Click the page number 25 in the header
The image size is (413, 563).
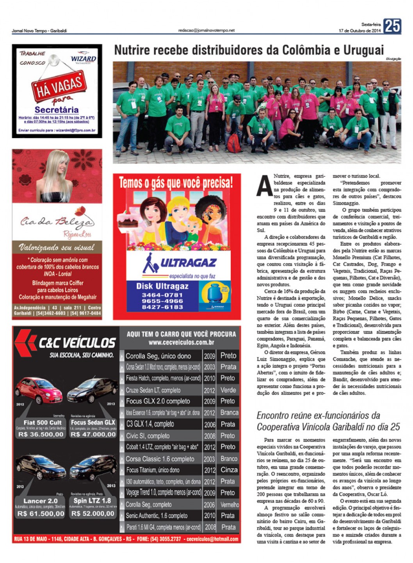tap(392, 26)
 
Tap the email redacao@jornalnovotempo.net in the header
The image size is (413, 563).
tap(206, 30)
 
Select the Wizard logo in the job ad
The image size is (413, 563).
tap(83, 59)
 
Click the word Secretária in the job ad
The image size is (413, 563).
tap(57, 110)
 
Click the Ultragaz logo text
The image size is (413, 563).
tap(188, 263)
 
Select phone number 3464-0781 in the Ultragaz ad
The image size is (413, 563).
tap(162, 295)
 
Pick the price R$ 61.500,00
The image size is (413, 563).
tap(41, 514)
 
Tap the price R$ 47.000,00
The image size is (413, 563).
tap(93, 434)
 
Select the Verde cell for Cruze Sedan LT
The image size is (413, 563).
tap(228, 390)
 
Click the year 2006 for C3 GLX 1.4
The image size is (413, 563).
tap(210, 424)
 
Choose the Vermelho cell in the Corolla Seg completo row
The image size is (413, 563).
tap(229, 504)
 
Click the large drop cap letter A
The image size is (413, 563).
tap(264, 186)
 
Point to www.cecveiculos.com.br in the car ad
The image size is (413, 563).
tap(181, 343)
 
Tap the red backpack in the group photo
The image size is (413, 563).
tap(235, 143)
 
